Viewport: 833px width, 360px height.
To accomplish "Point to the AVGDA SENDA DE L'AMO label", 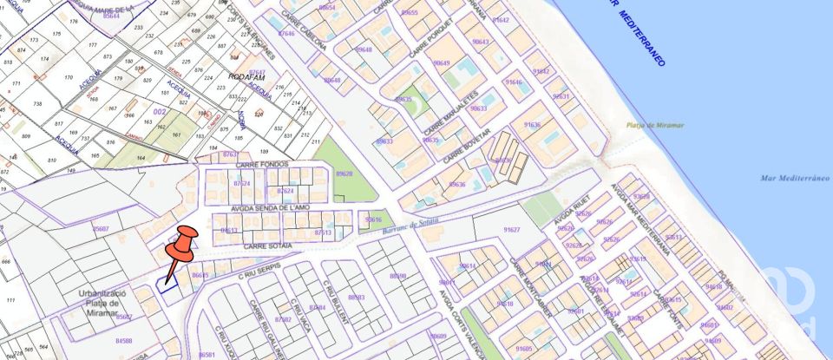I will coord(270,209).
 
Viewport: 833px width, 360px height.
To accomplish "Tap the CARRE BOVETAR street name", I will coord(467,146).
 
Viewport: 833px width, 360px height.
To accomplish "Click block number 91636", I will coord(530,124).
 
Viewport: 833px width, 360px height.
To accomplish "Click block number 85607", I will coord(101,229).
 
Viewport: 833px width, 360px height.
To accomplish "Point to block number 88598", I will coord(397,276).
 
